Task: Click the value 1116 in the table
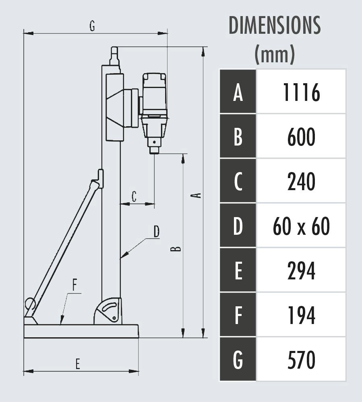click(302, 92)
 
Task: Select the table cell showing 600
click(301, 136)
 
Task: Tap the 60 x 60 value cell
click(301, 226)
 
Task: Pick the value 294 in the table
click(302, 271)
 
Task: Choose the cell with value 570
click(301, 359)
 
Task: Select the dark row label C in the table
click(238, 181)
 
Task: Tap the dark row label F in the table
click(238, 315)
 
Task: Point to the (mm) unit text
click(275, 54)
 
